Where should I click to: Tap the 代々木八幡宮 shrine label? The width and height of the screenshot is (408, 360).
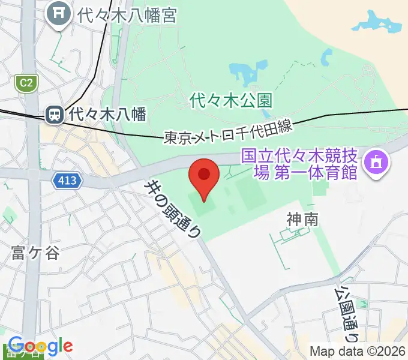point(127,14)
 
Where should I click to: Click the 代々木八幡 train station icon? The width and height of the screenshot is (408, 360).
point(55,113)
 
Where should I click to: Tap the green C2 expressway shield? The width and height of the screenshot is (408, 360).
point(26,82)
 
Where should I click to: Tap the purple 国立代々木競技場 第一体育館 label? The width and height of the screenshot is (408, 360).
point(299,164)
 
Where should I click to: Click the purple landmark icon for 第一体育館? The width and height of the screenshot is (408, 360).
point(376,163)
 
